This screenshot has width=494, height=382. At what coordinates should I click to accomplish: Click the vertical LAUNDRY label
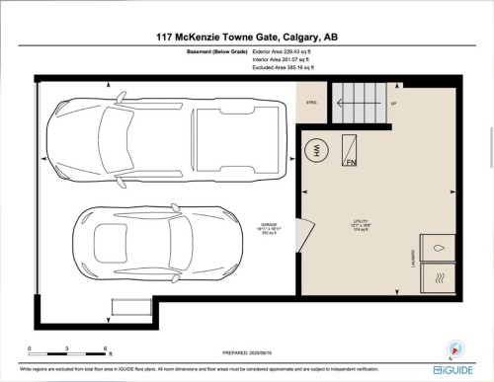(408, 259)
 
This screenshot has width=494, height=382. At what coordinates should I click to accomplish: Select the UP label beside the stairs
(393, 102)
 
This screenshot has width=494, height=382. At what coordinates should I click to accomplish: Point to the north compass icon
(455, 346)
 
